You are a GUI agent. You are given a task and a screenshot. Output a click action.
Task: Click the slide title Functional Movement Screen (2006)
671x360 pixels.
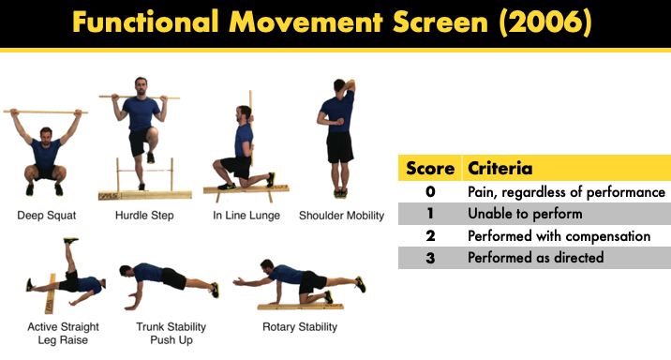pyautogui.click(x=335, y=22)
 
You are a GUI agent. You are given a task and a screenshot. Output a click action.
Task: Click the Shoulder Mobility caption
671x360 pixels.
pyautogui.click(x=341, y=216)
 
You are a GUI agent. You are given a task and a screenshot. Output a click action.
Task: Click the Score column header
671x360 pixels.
pyautogui.click(x=430, y=169)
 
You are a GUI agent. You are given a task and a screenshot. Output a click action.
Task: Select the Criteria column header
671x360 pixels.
pyautogui.click(x=500, y=169)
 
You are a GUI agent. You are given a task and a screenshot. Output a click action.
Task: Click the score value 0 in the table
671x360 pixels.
pyautogui.click(x=430, y=192)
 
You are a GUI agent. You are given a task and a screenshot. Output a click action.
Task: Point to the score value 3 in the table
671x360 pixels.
pyautogui.click(x=430, y=257)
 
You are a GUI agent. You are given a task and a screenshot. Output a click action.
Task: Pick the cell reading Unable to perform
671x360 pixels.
pyautogui.click(x=525, y=214)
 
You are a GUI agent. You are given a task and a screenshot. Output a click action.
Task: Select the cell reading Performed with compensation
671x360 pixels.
pyautogui.click(x=558, y=235)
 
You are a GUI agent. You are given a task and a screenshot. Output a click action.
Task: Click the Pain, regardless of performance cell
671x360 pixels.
pyautogui.click(x=565, y=192)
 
